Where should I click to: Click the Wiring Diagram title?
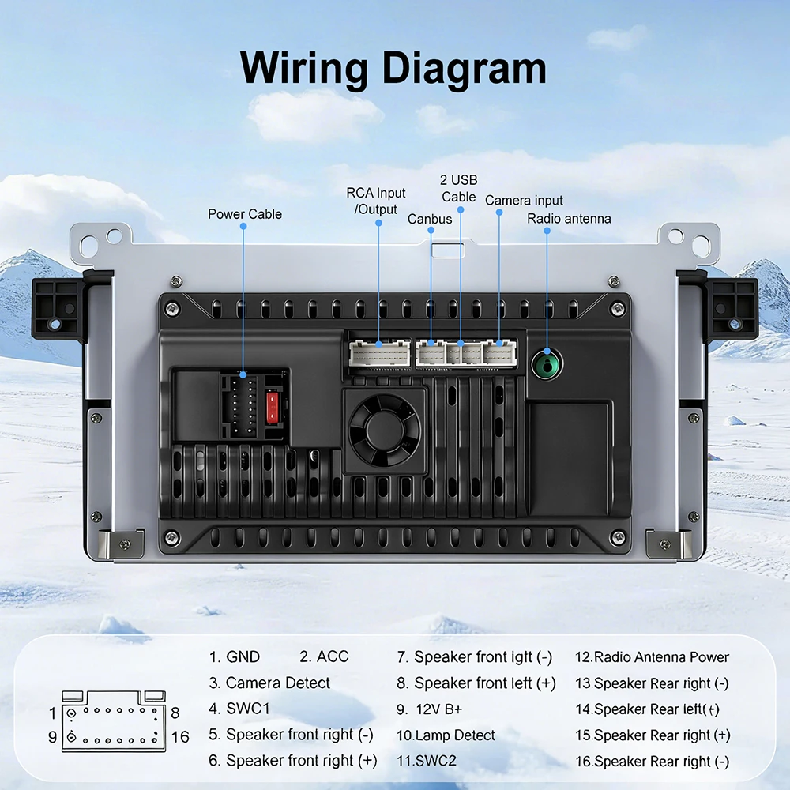tap(393, 69)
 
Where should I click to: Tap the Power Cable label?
tap(244, 214)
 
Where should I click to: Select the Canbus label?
tap(430, 219)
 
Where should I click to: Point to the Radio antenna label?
tap(569, 219)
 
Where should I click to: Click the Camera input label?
tap(524, 201)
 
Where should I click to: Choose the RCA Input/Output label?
tap(376, 201)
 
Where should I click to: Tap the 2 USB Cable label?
tap(458, 188)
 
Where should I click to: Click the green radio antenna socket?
tap(547, 363)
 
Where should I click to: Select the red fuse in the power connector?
tap(272, 406)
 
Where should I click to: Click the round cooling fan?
tap(385, 430)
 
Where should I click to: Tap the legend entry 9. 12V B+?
tap(429, 709)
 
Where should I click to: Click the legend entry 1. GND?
tap(235, 656)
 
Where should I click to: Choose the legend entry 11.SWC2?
tap(427, 760)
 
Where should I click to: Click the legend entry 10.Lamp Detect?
tap(446, 735)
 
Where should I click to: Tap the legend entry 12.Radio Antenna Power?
tap(652, 657)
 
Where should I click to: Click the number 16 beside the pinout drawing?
tap(180, 737)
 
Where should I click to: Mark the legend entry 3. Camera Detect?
tap(269, 683)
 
